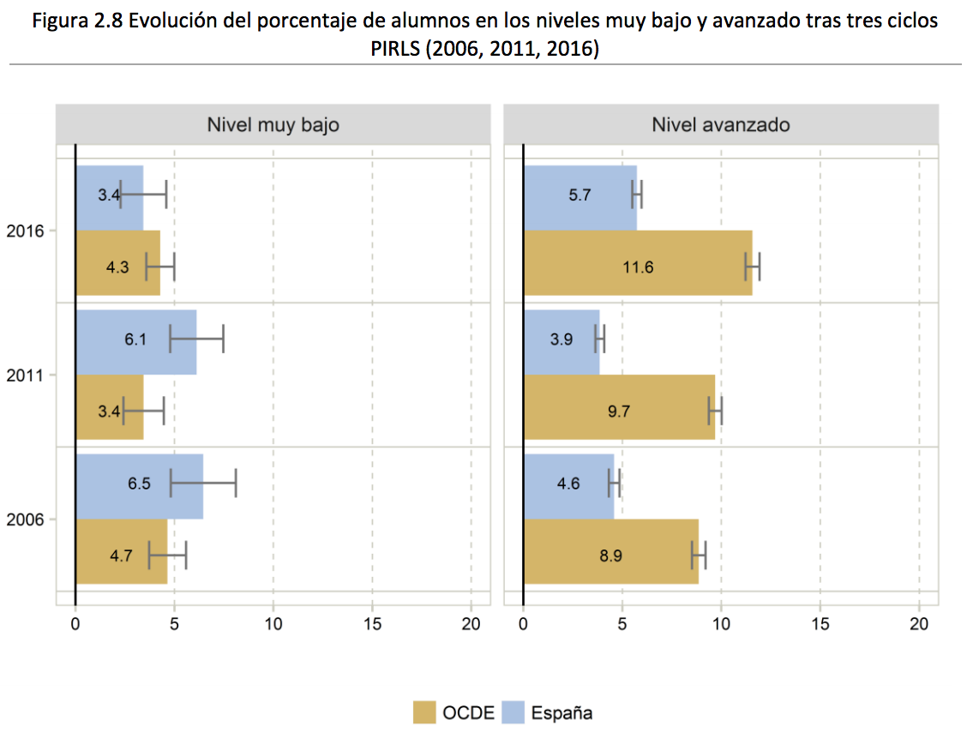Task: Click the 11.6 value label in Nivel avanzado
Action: coord(638,267)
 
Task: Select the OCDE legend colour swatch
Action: coord(424,712)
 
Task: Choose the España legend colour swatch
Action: coord(512,712)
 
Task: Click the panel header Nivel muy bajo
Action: coord(273,125)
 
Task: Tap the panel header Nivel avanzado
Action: coord(720,125)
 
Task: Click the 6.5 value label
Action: coord(139,483)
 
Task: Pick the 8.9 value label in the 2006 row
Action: coord(610,555)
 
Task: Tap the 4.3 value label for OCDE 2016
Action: coord(117,267)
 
